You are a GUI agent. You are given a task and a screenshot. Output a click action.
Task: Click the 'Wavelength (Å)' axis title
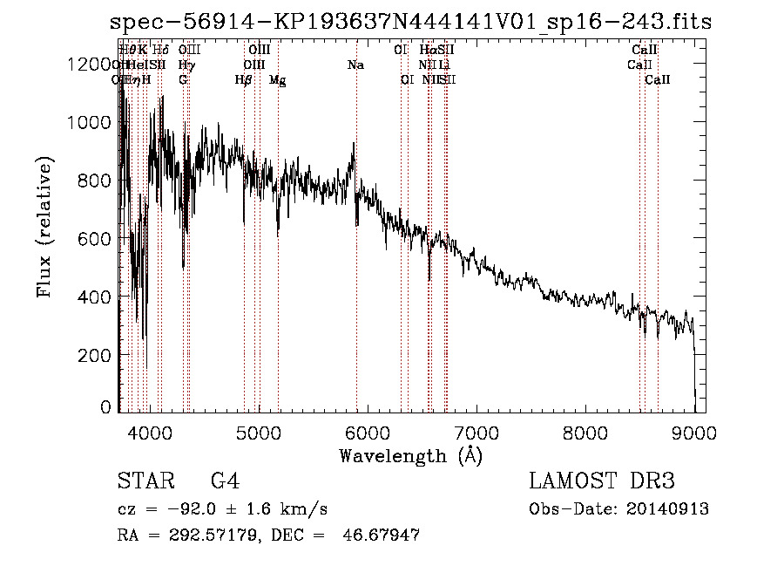click(x=410, y=455)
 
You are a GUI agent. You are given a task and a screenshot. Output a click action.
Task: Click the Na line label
click(x=355, y=65)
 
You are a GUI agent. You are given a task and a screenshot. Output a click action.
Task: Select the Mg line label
click(x=277, y=80)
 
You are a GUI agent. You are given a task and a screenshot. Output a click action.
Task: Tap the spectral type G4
click(x=225, y=482)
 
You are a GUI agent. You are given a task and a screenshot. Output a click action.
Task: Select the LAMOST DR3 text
click(x=601, y=482)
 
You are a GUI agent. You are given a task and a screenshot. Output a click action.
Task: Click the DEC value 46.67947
click(x=383, y=535)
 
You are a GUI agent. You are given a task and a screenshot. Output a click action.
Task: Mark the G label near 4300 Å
click(x=183, y=80)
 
